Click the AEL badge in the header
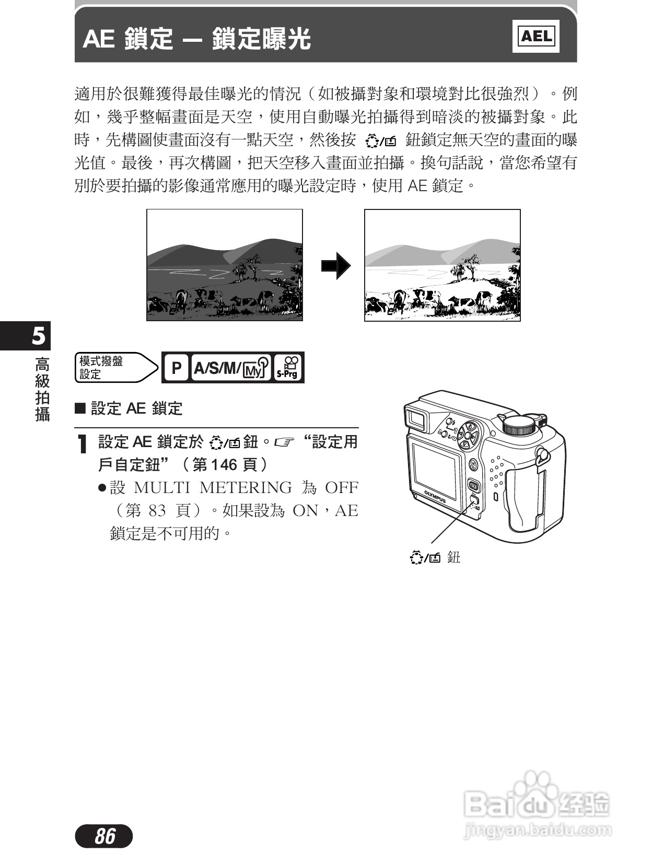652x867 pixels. tap(535, 36)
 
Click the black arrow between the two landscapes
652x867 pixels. tap(335, 265)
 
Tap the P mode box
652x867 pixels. tap(176, 368)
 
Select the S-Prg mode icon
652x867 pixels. tap(287, 367)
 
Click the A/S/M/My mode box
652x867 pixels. tap(230, 368)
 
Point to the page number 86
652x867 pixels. tap(104, 836)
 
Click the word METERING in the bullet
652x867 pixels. tap(246, 487)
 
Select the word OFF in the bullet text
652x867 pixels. tap(342, 487)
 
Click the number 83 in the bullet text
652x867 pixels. tap(157, 510)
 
